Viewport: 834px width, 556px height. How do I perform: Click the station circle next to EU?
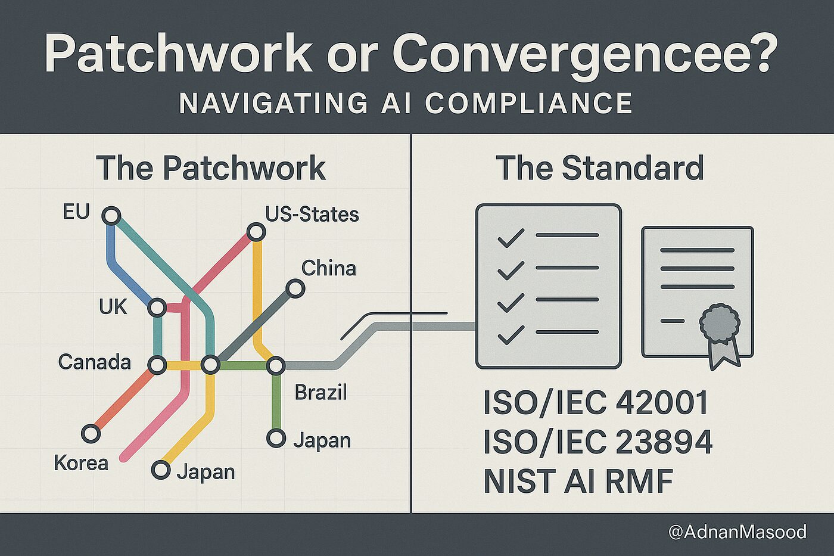coord(111,215)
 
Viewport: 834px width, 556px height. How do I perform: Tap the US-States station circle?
coord(256,231)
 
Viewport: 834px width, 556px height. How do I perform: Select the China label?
coord(328,268)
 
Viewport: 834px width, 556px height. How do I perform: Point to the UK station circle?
coord(157,307)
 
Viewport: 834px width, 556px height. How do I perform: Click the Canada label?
coord(94,362)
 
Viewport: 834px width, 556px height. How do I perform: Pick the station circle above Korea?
coord(91,433)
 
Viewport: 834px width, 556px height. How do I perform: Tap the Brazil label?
coord(320,392)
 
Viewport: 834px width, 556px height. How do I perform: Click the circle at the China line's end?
coord(295,289)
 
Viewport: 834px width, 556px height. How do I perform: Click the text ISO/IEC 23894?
coord(598,442)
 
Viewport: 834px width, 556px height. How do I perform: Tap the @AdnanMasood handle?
coord(737,532)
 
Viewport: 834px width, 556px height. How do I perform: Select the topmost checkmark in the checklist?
coord(511,238)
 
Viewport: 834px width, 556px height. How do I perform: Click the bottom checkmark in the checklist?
coord(511,334)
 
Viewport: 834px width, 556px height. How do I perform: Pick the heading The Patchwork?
coord(210,168)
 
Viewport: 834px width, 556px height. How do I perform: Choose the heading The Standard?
coord(599,168)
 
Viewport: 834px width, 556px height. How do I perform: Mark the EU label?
coord(76,212)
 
